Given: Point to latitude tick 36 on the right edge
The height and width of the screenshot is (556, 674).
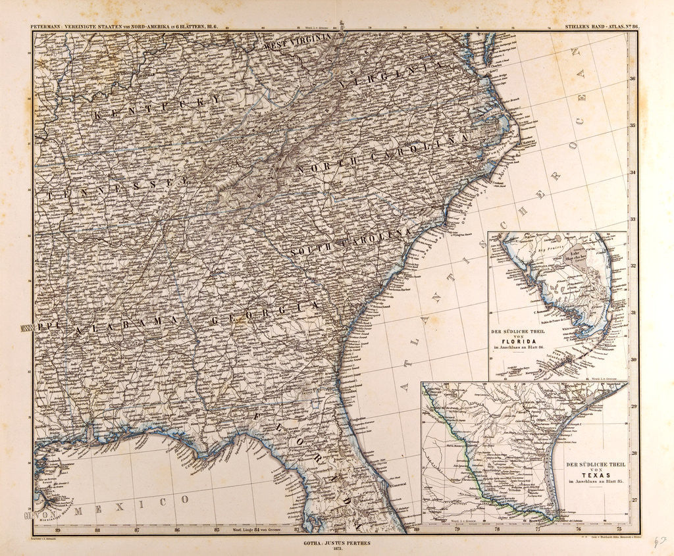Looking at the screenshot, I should click(x=633, y=78).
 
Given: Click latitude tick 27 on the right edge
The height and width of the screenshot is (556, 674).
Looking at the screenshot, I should click(x=633, y=500).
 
